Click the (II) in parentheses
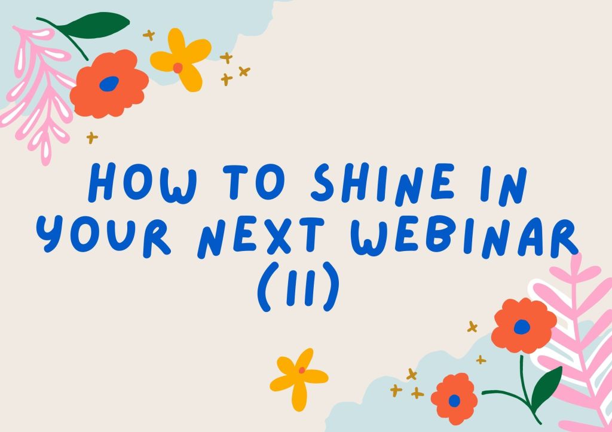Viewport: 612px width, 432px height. click(x=298, y=286)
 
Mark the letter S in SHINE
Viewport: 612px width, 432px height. click(x=323, y=182)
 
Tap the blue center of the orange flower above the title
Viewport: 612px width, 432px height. click(x=109, y=84)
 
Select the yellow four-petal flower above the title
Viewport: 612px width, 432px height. click(x=180, y=59)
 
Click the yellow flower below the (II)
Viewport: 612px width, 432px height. click(x=299, y=379)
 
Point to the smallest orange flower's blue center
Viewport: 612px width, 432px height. click(x=454, y=401)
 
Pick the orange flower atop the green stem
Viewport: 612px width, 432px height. click(x=524, y=326)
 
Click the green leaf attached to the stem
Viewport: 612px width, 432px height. click(x=546, y=388)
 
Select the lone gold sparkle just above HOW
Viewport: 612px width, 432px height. click(x=92, y=138)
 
